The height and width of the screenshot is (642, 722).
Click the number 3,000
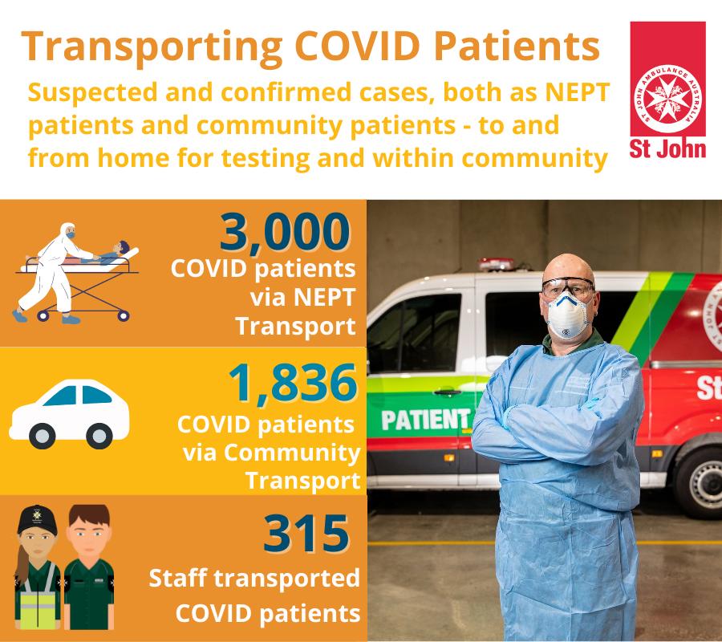tap(285, 233)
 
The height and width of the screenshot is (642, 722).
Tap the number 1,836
tap(293, 383)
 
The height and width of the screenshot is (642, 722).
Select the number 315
tap(306, 534)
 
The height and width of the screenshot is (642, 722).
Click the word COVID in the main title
tap(357, 46)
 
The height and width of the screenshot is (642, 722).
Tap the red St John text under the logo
tap(667, 149)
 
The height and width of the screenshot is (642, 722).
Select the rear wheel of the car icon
tap(43, 436)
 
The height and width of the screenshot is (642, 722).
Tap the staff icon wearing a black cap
tap(38, 567)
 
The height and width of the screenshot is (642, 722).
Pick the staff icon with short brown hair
tap(89, 567)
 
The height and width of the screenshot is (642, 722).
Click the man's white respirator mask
tap(568, 315)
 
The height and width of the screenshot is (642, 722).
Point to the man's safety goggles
tap(568, 287)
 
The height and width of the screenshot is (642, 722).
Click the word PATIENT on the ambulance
tap(424, 420)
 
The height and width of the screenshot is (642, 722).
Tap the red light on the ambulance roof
tap(496, 264)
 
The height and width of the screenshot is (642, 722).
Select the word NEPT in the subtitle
tap(578, 91)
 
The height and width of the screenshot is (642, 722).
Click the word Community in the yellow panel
tap(292, 453)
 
